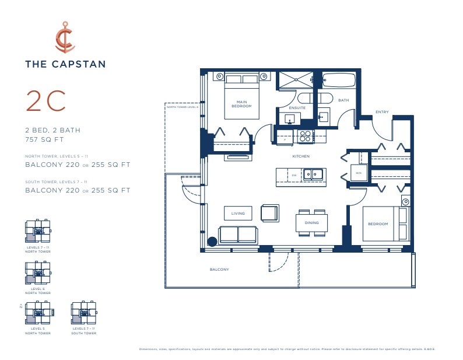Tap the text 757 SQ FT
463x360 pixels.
44,139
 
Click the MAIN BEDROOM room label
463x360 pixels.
241,104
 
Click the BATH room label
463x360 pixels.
343,100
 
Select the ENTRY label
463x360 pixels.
382,112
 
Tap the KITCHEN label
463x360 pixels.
301,156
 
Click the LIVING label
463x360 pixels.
238,214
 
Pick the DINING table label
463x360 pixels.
311,222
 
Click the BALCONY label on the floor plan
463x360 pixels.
219,270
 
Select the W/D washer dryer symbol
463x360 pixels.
358,173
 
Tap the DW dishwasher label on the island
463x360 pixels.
294,174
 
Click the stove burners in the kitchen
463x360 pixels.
305,137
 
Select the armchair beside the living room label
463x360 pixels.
269,213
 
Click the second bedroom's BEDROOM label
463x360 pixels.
377,224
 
